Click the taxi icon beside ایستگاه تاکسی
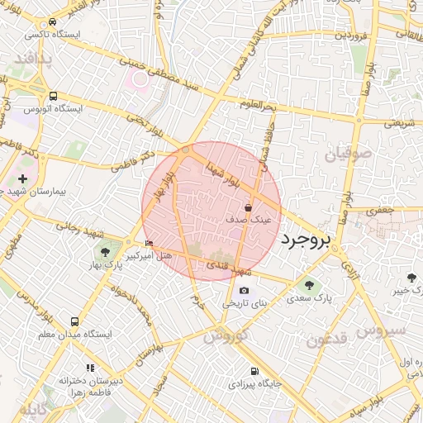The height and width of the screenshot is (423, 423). pyautogui.click(x=53, y=22)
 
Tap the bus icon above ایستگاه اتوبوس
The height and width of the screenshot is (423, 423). pyautogui.click(x=54, y=96)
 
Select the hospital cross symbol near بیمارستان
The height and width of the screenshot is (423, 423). pyautogui.click(x=22, y=178)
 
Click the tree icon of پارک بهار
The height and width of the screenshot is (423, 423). pyautogui.click(x=105, y=250)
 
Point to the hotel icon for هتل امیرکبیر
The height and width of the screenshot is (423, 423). pyautogui.click(x=149, y=244)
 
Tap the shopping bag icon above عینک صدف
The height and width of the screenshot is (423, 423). pyautogui.click(x=249, y=208)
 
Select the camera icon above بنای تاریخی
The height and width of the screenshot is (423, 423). pyautogui.click(x=245, y=291)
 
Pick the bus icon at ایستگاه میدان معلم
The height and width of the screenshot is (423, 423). pyautogui.click(x=75, y=321)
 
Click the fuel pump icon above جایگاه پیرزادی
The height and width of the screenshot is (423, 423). pyautogui.click(x=254, y=371)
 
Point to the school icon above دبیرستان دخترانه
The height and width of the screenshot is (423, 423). pyautogui.click(x=90, y=367)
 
